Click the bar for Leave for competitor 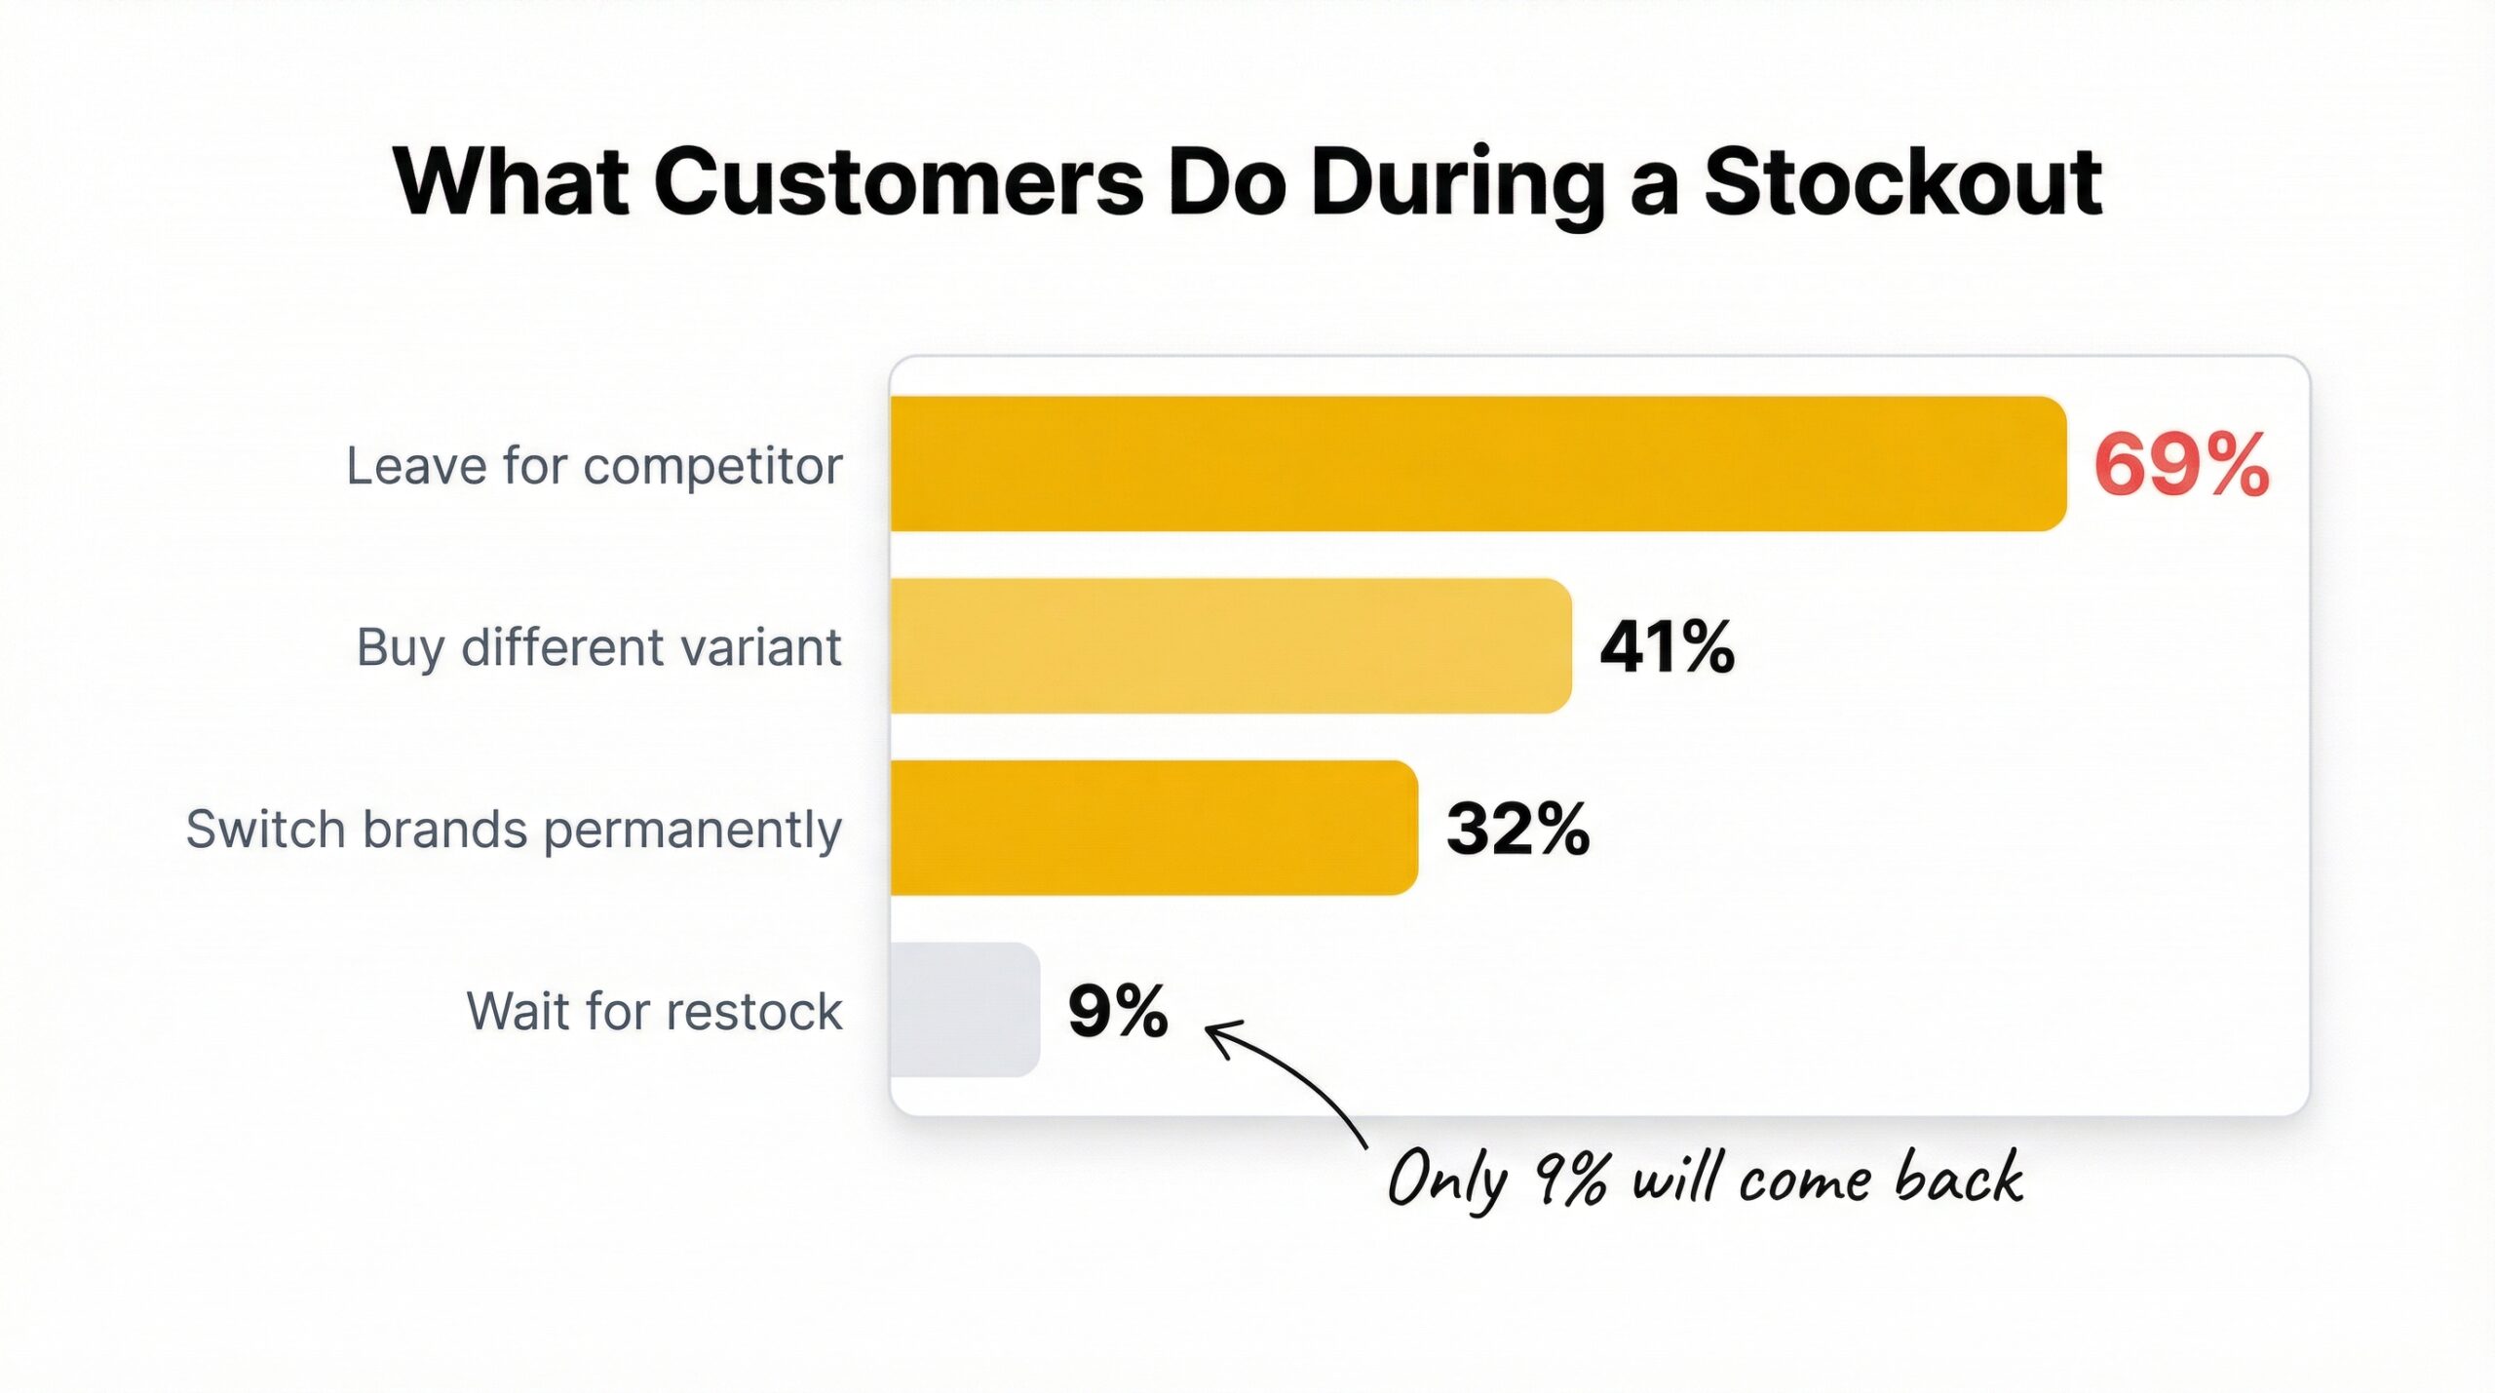pyautogui.click(x=1477, y=463)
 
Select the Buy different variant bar pyautogui.click(x=1230, y=645)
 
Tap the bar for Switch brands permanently pyautogui.click(x=1153, y=828)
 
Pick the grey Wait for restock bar pyautogui.click(x=965, y=1010)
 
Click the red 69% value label pyautogui.click(x=2181, y=466)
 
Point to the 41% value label pyautogui.click(x=1667, y=647)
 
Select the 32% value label pyautogui.click(x=1517, y=830)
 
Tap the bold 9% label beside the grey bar pyautogui.click(x=1118, y=1011)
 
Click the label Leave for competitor pyautogui.click(x=594, y=466)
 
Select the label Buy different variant pyautogui.click(x=598, y=648)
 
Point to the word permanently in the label pyautogui.click(x=692, y=832)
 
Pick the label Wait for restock pyautogui.click(x=654, y=1012)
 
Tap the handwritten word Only pyautogui.click(x=1445, y=1180)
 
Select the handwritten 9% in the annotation pyautogui.click(x=1570, y=1179)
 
